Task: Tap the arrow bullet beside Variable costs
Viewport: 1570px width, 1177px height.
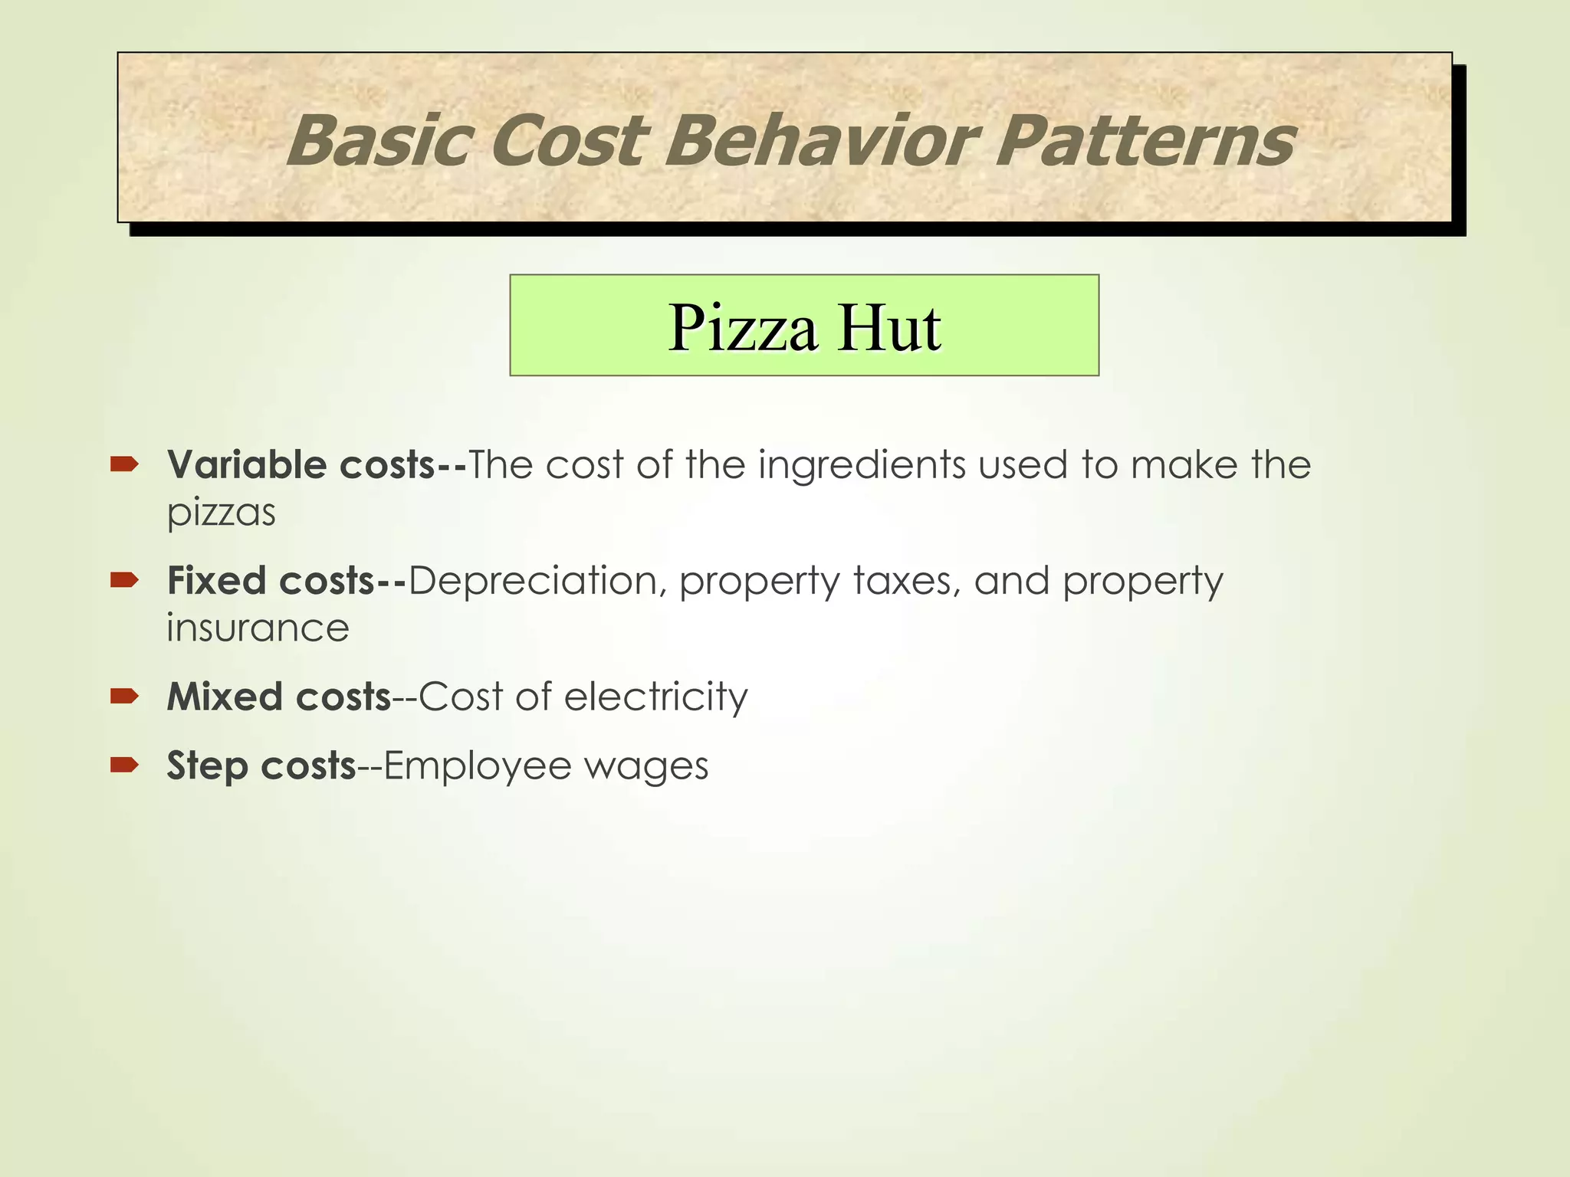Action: pos(123,464)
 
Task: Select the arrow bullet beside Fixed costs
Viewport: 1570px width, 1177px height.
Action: pos(123,580)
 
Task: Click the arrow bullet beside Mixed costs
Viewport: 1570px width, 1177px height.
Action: pos(123,696)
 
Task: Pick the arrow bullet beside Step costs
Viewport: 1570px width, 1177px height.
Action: pos(123,765)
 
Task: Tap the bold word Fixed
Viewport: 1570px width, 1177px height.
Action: pos(217,580)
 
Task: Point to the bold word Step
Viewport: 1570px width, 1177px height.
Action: pos(208,766)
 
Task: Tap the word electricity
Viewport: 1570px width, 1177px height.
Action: pos(655,697)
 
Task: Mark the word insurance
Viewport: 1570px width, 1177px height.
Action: pos(258,628)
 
